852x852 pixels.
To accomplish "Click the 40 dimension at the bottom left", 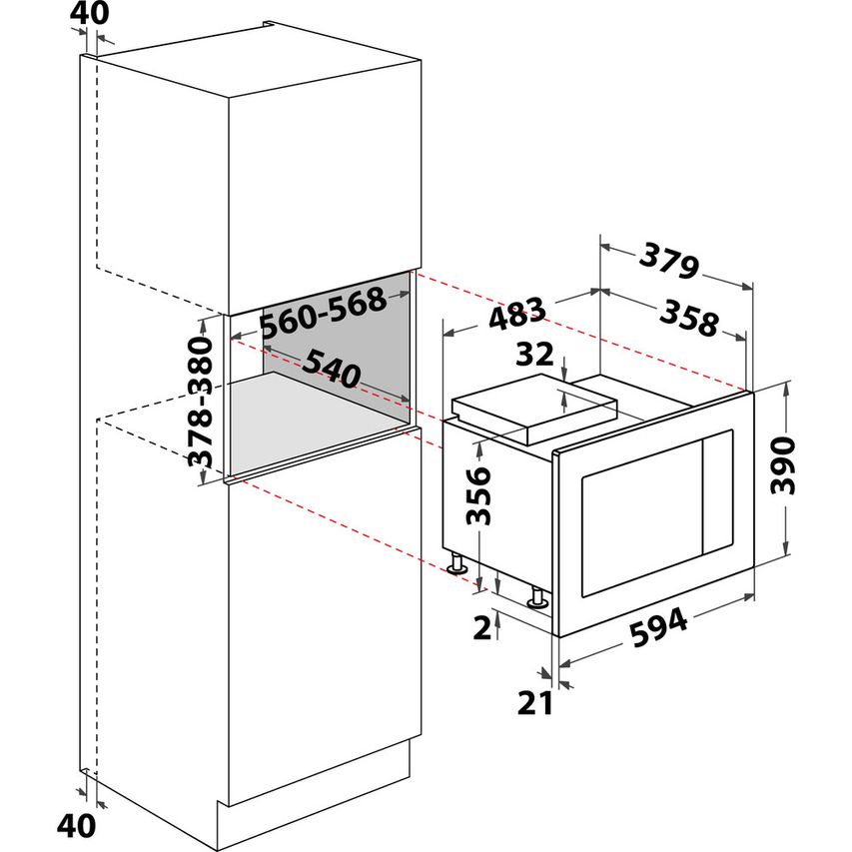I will click(x=76, y=826).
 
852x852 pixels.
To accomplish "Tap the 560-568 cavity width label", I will click(x=321, y=313).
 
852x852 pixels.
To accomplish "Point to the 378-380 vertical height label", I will click(x=203, y=403).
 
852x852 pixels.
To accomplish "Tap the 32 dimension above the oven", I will click(x=536, y=355).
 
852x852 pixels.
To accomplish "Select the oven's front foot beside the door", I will click(x=537, y=598).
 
